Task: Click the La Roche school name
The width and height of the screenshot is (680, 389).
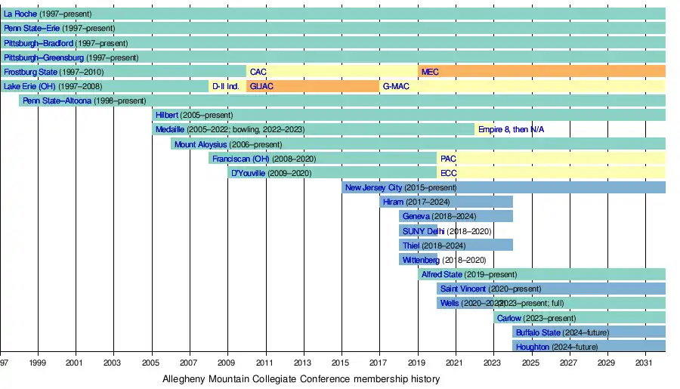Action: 20,14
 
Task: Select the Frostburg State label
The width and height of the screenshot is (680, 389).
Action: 31,72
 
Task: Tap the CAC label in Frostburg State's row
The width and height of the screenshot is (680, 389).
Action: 258,72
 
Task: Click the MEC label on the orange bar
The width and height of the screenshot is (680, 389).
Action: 430,72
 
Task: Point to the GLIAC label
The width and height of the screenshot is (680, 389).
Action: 261,86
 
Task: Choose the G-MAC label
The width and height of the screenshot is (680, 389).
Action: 395,86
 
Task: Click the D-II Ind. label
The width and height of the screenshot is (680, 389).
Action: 226,86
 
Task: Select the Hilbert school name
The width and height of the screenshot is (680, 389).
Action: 166,115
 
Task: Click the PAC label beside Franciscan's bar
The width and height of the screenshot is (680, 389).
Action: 448,159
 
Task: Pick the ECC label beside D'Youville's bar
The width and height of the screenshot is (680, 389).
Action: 448,173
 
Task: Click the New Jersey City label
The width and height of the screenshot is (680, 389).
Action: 373,187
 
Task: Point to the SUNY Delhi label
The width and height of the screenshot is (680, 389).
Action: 423,231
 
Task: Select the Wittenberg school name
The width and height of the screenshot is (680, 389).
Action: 421,260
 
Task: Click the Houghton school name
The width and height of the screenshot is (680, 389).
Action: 533,347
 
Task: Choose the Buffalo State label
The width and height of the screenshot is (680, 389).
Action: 538,332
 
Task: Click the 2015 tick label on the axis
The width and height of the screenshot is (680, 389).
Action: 342,364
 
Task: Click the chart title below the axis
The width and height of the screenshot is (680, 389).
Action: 301,379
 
